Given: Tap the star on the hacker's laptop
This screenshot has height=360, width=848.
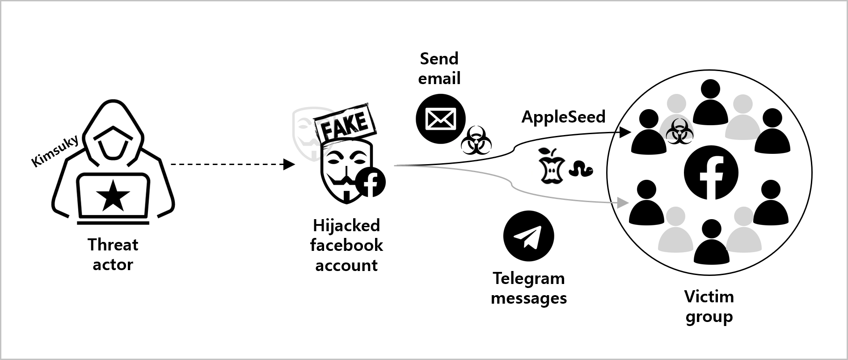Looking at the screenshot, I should coord(113,195).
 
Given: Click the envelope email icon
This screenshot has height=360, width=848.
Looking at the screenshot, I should coord(440,119).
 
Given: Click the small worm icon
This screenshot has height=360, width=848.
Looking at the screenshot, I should coord(581,169).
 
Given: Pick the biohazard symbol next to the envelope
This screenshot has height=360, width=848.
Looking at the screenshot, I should coord(477,140).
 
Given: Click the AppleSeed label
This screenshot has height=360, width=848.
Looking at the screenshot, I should coord(563,117).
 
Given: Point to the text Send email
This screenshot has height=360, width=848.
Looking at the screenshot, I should coord(439,68).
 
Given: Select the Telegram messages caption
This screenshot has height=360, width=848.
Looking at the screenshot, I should coord(529,288).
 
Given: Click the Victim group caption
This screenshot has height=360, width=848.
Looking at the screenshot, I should coord(709,306).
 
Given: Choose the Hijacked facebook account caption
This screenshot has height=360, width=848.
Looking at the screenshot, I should coord(346,245).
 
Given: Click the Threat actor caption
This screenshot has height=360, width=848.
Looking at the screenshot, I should coord(113,254).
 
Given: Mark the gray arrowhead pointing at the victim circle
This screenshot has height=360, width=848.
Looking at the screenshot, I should coord(620,203).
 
